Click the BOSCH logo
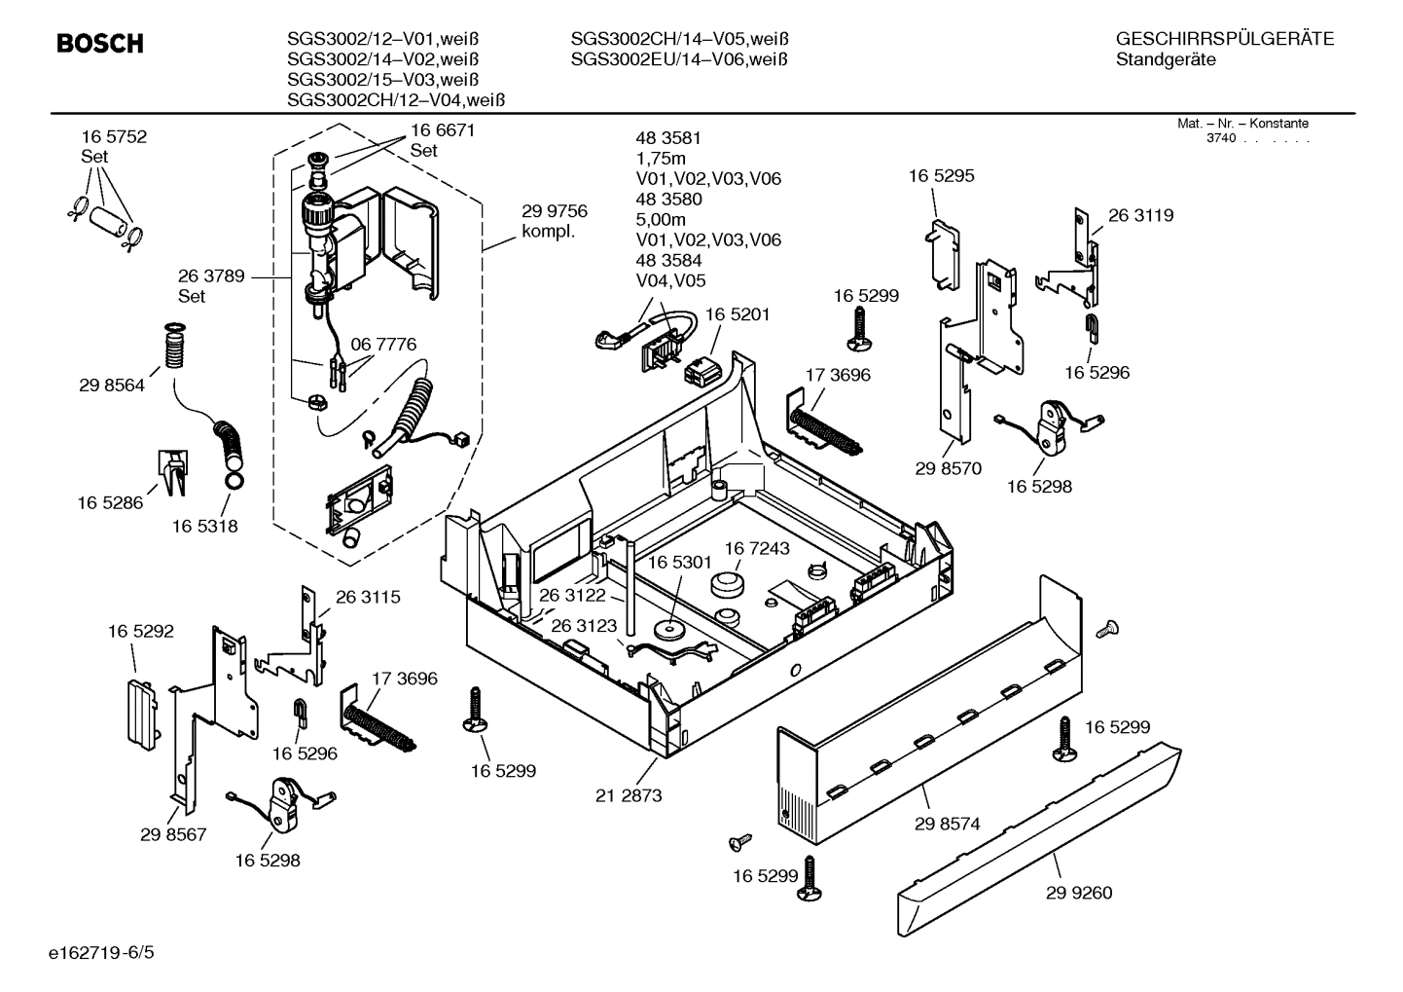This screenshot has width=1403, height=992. (100, 44)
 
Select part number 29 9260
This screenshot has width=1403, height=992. (1079, 893)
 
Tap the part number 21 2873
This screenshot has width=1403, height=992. (629, 795)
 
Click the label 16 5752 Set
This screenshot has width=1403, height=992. (114, 146)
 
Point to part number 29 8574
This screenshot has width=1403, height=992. (947, 824)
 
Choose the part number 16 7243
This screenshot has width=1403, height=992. (756, 549)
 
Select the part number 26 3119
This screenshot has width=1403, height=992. (1140, 216)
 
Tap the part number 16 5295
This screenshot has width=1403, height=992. (941, 176)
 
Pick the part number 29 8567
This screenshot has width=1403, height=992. (173, 834)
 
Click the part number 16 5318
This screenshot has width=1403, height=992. (205, 526)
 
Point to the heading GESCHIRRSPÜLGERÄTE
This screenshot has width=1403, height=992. (1224, 39)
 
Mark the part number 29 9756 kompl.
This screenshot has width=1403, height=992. (555, 221)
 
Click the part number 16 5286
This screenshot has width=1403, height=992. (110, 502)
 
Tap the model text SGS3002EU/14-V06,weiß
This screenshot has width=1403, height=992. (678, 59)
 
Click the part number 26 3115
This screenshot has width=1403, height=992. (368, 597)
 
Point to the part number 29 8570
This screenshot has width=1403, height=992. (949, 468)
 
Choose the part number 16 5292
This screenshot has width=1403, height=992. (141, 631)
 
